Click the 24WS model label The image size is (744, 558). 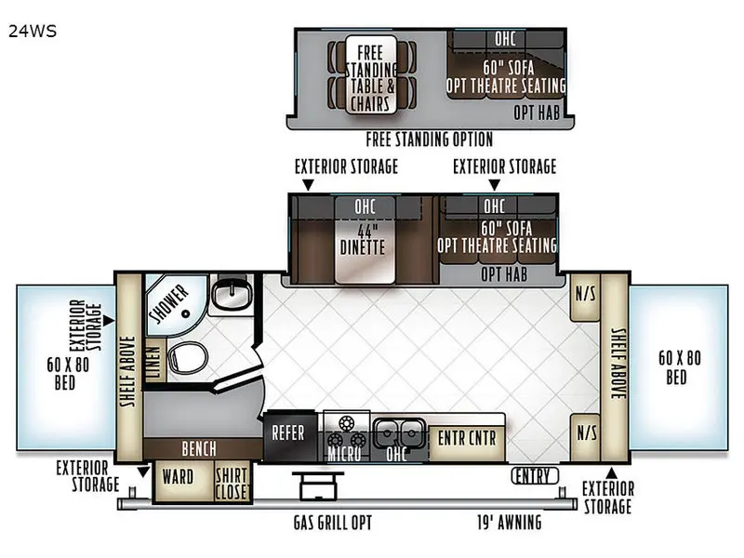pos(33,32)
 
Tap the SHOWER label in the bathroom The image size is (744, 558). pos(169,303)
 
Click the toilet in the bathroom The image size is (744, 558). pos(188,356)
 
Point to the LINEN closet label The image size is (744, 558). pos(154,362)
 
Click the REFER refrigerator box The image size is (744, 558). pos(290,435)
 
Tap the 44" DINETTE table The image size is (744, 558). pos(365,240)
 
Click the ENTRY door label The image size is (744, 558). pos(535,475)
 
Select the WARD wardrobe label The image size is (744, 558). pos(178,477)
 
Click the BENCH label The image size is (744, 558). pos(199,449)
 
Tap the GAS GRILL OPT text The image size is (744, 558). pos(333,523)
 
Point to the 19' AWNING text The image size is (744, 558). pos(509,523)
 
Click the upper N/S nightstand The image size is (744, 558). pos(585,298)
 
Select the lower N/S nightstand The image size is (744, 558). pos(585,436)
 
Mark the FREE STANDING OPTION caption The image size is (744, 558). pos(430,139)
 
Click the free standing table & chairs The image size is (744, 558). pos(371,74)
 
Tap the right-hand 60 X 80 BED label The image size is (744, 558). pos(679,367)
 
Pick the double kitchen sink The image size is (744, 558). pos(399,432)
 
